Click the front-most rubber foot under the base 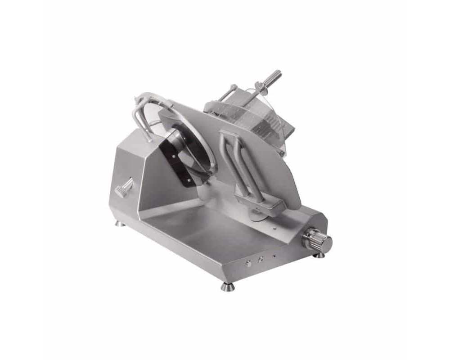point(225,286)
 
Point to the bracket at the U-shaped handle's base point(264,207)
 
